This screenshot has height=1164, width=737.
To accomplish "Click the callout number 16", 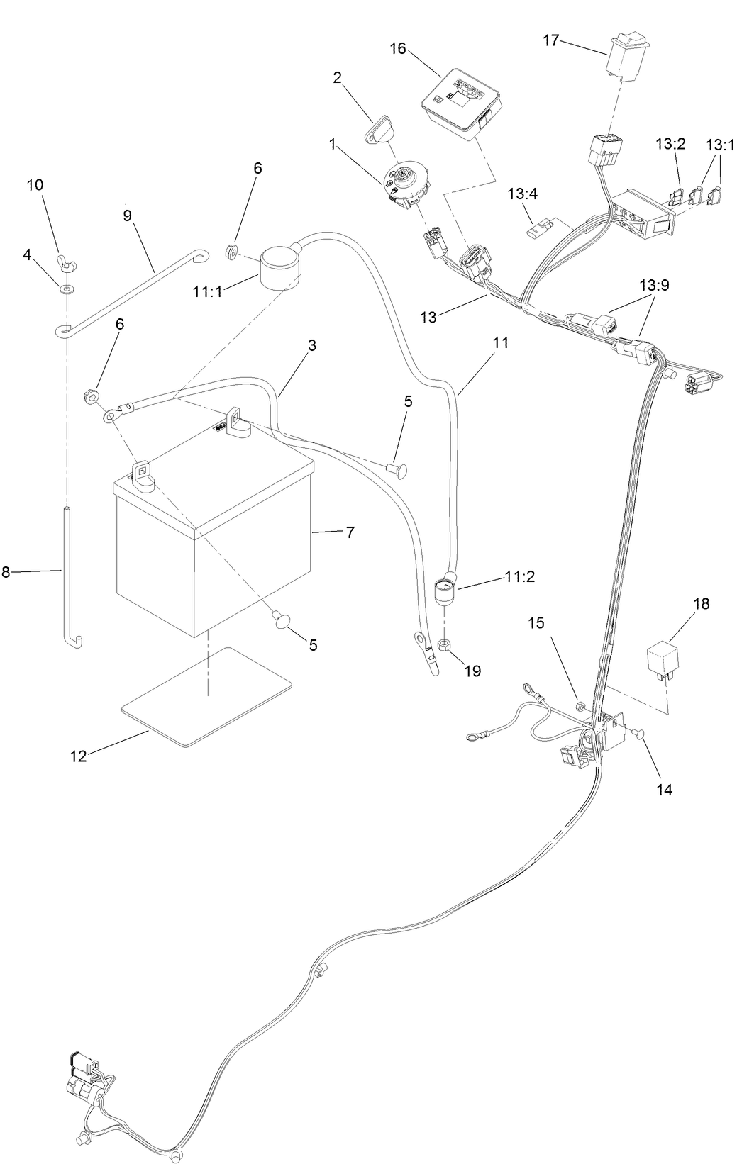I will coord(399,48).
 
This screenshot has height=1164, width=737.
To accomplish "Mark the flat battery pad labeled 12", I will coord(207,695).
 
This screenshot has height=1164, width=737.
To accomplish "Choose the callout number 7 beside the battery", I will coord(350,532).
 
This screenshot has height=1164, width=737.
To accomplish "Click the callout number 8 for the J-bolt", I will coord(6,572).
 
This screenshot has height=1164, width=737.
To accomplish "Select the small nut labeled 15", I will coord(579,706).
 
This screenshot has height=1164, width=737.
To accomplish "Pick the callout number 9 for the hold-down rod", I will coord(128,215).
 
